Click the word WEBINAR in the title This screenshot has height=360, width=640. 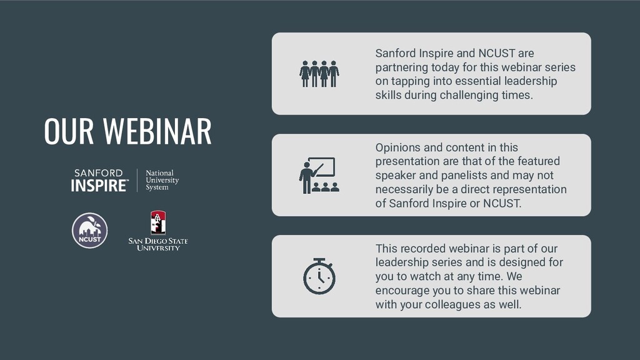[157, 131]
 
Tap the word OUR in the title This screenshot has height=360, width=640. [69, 131]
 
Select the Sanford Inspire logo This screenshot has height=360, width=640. [100, 180]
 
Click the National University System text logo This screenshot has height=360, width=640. [162, 180]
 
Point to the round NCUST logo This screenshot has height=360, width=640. [90, 231]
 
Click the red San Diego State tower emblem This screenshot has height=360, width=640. [158, 222]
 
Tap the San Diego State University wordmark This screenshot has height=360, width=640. [158, 244]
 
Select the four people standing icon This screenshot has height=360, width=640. [319, 74]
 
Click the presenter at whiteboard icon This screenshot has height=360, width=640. [319, 175]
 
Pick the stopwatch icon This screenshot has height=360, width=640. [319, 276]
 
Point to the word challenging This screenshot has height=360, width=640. [469, 96]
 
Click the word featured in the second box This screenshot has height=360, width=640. [538, 161]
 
